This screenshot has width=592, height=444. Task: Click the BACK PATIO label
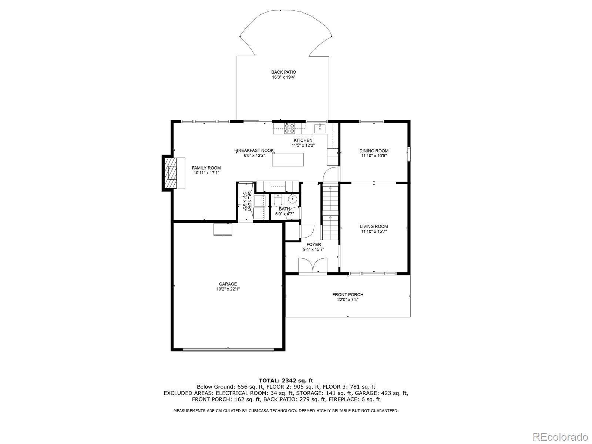pos(283,72)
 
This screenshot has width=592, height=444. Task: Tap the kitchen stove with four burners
pos(289,128)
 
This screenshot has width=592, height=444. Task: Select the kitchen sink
pos(320,128)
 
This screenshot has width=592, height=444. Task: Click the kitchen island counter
pos(288,160)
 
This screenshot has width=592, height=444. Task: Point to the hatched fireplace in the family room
pos(170,173)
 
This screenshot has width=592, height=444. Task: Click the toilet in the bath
pos(278,200)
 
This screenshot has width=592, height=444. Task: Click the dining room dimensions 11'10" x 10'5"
pos(374,156)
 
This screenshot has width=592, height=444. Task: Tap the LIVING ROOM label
pos(374,226)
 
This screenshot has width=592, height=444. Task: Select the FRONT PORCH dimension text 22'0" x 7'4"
pos(348,299)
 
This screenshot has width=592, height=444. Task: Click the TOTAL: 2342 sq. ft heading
pos(286,381)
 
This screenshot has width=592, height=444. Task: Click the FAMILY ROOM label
pos(206,168)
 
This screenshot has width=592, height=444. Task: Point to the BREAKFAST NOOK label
pos(255,150)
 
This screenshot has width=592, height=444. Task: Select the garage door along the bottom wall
pos(228,350)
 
